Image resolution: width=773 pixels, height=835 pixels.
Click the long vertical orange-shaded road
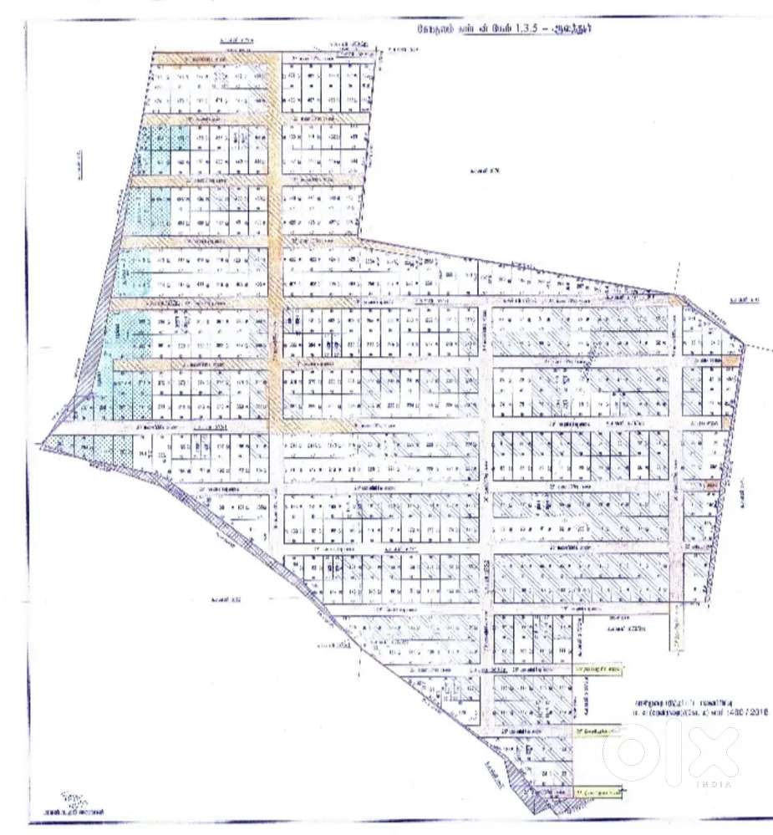pos(273,251)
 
